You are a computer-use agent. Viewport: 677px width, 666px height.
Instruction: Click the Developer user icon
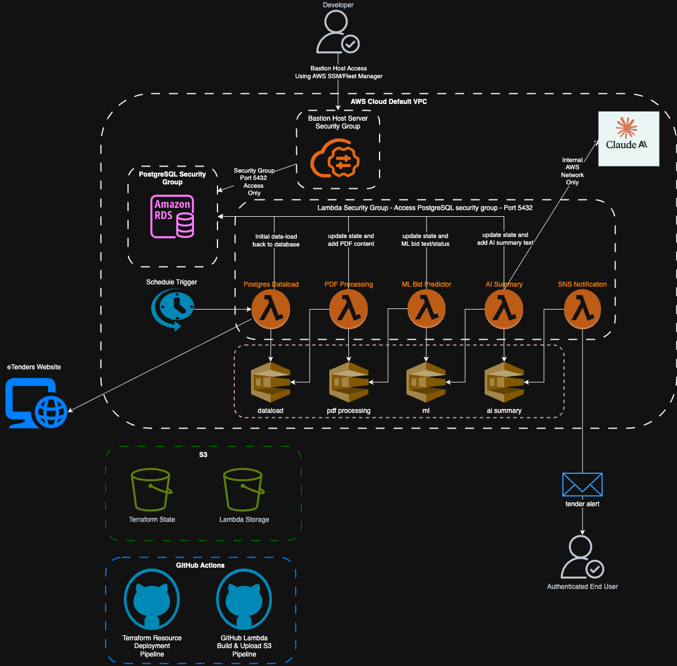click(337, 32)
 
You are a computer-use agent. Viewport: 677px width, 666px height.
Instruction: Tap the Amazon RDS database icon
click(172, 216)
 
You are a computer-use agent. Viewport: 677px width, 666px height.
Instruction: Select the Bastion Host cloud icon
click(335, 158)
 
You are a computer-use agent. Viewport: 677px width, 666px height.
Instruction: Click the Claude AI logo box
click(628, 139)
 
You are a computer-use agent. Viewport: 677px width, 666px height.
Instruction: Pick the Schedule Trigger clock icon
click(173, 309)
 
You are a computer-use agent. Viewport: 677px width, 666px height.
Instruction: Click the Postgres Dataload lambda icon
click(271, 309)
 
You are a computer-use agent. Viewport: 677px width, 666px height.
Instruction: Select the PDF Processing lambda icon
click(348, 309)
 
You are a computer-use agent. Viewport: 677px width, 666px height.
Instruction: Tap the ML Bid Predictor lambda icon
click(426, 309)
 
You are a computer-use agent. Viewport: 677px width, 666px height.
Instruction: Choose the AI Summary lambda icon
click(504, 309)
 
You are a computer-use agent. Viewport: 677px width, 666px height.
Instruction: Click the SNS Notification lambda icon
click(582, 309)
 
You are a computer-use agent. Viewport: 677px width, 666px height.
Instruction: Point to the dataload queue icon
click(271, 382)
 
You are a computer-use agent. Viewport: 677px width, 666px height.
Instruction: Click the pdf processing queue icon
click(348, 382)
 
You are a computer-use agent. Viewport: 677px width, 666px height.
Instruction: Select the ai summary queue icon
click(504, 382)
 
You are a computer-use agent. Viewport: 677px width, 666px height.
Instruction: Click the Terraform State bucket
click(151, 489)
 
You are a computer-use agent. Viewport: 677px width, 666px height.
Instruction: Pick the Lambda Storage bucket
click(243, 489)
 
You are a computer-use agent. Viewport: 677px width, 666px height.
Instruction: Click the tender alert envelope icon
click(582, 484)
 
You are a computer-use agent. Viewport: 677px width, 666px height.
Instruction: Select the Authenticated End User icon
click(582, 557)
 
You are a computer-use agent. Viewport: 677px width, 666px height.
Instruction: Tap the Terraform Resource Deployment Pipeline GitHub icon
click(152, 600)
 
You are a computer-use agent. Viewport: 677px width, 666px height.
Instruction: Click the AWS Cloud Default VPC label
click(389, 102)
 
